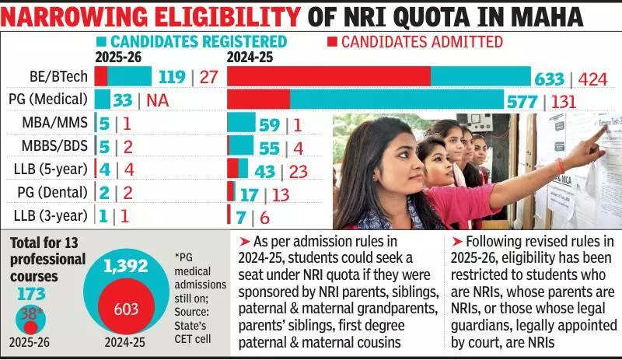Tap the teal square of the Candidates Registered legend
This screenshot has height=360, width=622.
102,42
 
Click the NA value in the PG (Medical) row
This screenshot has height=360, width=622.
158,100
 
